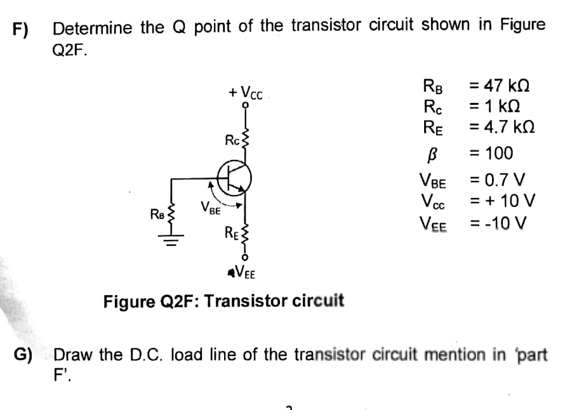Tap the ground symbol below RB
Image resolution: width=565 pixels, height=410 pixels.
tap(169, 239)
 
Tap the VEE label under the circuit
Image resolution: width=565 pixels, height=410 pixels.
tap(244, 273)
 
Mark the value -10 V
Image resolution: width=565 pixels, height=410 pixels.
tap(502, 223)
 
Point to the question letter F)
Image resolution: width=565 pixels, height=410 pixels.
tap(22, 29)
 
